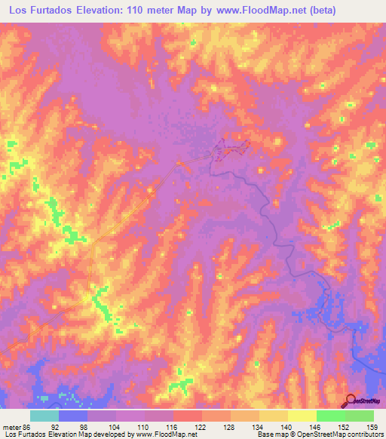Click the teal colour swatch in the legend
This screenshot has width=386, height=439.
click(x=44, y=416)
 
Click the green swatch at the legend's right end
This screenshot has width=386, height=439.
click(x=360, y=416)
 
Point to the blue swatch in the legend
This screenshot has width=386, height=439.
click(x=73, y=416)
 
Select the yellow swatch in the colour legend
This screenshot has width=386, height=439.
click(x=302, y=416)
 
